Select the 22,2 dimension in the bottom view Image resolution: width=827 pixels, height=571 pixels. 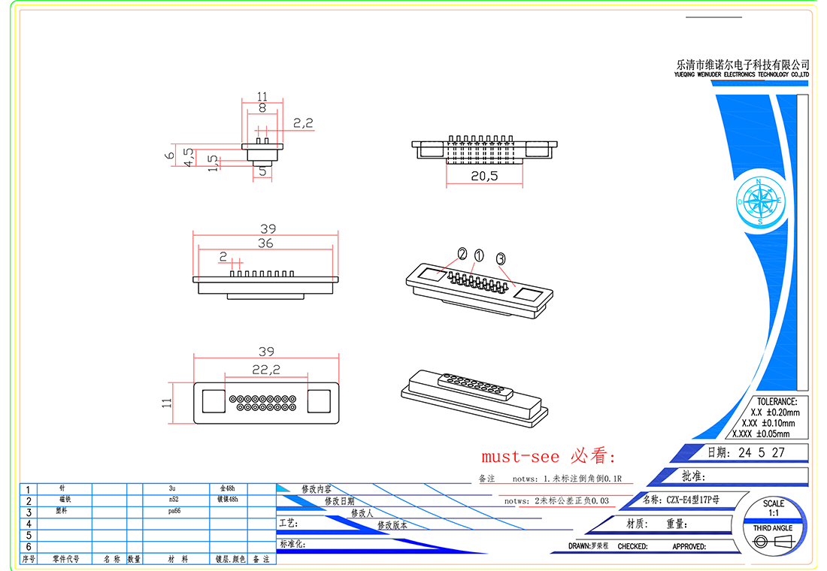pyautogui.click(x=265, y=369)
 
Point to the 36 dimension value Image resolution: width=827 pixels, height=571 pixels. pyautogui.click(x=265, y=243)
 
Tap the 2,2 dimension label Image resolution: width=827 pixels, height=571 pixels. pyautogui.click(x=303, y=123)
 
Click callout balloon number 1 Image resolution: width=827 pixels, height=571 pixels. pyautogui.click(x=479, y=256)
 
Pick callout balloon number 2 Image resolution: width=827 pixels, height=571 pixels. pyautogui.click(x=462, y=254)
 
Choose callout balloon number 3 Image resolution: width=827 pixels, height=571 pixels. pyautogui.click(x=501, y=258)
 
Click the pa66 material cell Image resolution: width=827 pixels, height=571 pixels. pyautogui.click(x=175, y=511)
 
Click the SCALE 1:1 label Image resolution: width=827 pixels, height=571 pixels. pyautogui.click(x=773, y=507)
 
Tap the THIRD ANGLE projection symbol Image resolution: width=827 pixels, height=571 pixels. pyautogui.click(x=774, y=541)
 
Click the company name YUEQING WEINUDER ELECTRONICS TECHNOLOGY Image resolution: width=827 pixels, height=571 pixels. pyautogui.click(x=741, y=75)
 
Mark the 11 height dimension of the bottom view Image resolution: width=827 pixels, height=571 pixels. pyautogui.click(x=167, y=403)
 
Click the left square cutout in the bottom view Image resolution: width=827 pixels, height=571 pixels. pyautogui.click(x=213, y=402)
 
